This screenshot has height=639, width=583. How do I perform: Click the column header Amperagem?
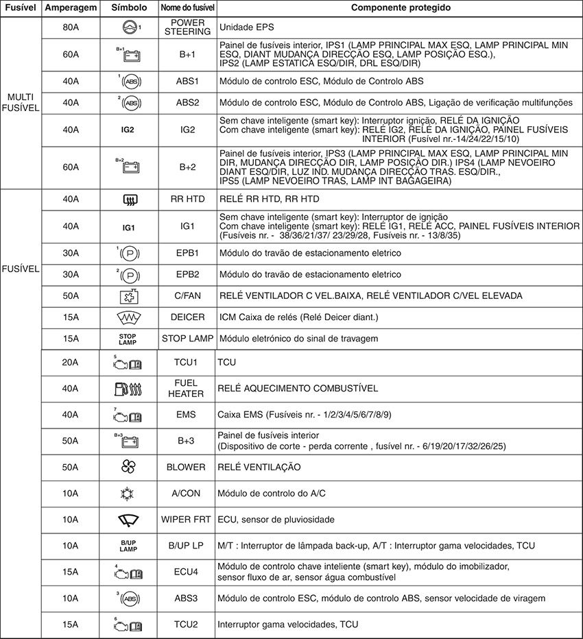pos(71,8)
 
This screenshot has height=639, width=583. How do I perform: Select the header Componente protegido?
pos(401,8)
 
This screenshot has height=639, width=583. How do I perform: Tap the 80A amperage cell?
pos(71,28)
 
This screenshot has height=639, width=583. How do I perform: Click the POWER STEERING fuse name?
pos(188,28)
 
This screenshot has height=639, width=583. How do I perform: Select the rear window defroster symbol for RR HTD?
pos(129,200)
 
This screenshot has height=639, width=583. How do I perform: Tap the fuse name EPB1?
pos(188,253)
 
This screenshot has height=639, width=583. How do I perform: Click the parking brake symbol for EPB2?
pos(130,274)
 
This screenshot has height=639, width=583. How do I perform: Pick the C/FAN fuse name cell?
pos(188,296)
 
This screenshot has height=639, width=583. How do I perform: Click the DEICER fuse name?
pos(188,317)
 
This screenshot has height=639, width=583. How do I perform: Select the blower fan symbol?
pos(129,467)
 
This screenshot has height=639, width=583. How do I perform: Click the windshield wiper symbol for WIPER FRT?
pos(129,519)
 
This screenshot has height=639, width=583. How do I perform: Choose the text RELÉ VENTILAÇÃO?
pos(259,467)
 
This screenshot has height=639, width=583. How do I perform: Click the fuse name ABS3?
pos(187,599)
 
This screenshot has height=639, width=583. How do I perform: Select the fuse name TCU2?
pos(187,625)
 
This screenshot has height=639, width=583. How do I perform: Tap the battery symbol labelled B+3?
pos(130,441)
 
